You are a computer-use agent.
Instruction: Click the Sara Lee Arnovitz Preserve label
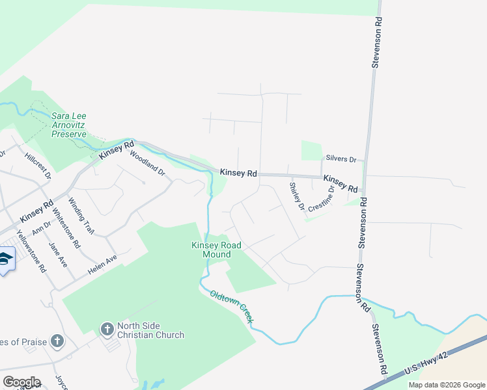(68, 125)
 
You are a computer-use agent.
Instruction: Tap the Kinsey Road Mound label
(216, 250)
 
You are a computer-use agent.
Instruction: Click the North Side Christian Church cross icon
(107, 330)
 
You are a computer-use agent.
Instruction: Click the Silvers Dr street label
(341, 159)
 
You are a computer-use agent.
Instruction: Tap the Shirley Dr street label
(297, 196)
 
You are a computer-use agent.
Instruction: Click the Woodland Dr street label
(148, 164)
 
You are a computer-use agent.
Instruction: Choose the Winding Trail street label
(81, 216)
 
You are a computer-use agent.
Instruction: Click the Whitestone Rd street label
(66, 227)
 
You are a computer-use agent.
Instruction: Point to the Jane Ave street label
(58, 255)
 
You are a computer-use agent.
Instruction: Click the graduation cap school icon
(5, 259)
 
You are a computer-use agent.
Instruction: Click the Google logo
(21, 382)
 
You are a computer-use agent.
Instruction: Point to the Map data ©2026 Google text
(446, 385)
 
